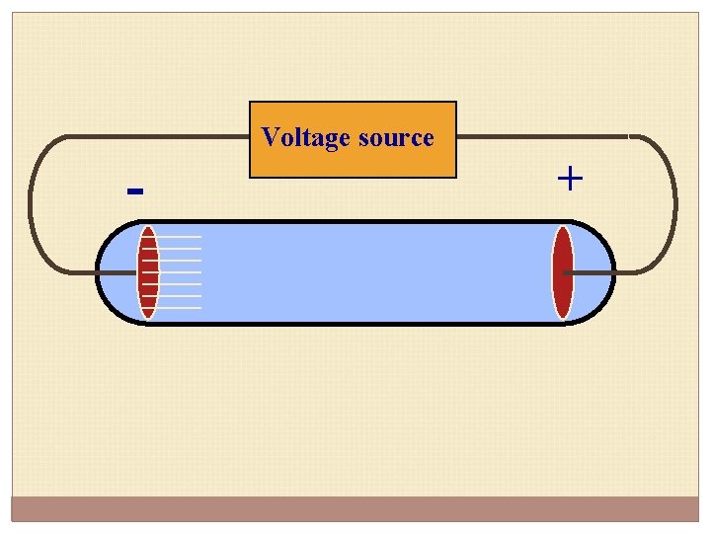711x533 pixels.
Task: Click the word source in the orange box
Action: [x=396, y=137]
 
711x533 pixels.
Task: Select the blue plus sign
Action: [x=570, y=179]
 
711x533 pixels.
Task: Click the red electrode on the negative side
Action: [x=148, y=272]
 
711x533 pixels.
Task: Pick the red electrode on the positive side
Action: [x=562, y=272]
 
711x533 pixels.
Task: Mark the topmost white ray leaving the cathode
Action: [x=180, y=237]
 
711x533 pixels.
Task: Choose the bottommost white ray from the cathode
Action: [x=180, y=308]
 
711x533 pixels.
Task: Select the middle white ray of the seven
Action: [x=180, y=272]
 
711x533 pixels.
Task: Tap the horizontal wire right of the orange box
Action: [x=543, y=135]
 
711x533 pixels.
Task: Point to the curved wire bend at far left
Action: [x=33, y=202]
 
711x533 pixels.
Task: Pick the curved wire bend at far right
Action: [x=675, y=202]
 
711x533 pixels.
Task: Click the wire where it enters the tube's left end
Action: [x=98, y=272]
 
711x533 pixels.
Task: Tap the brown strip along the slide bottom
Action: [x=355, y=508]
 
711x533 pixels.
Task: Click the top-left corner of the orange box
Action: [x=251, y=103]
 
